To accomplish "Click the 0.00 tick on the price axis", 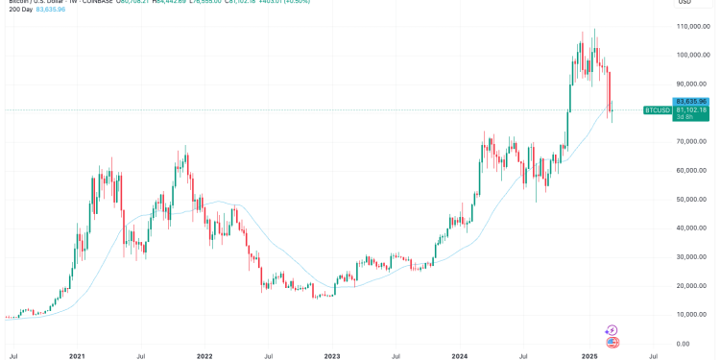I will coord(684,344).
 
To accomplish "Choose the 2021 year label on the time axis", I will coord(78,356).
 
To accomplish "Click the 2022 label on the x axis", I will coord(204,356).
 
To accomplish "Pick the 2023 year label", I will coord(332,356).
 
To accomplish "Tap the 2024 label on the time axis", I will coord(460,356).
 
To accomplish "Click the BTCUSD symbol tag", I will coord(657,110).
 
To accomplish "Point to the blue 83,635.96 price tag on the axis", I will coord(691,101).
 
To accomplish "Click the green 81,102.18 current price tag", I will coord(691,110).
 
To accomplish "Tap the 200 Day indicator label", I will coord(21,9).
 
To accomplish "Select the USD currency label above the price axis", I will coord(685,3).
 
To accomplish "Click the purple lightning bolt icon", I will coord(612,330).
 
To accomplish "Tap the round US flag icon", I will coord(612,342).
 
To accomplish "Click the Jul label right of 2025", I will coord(653,356).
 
